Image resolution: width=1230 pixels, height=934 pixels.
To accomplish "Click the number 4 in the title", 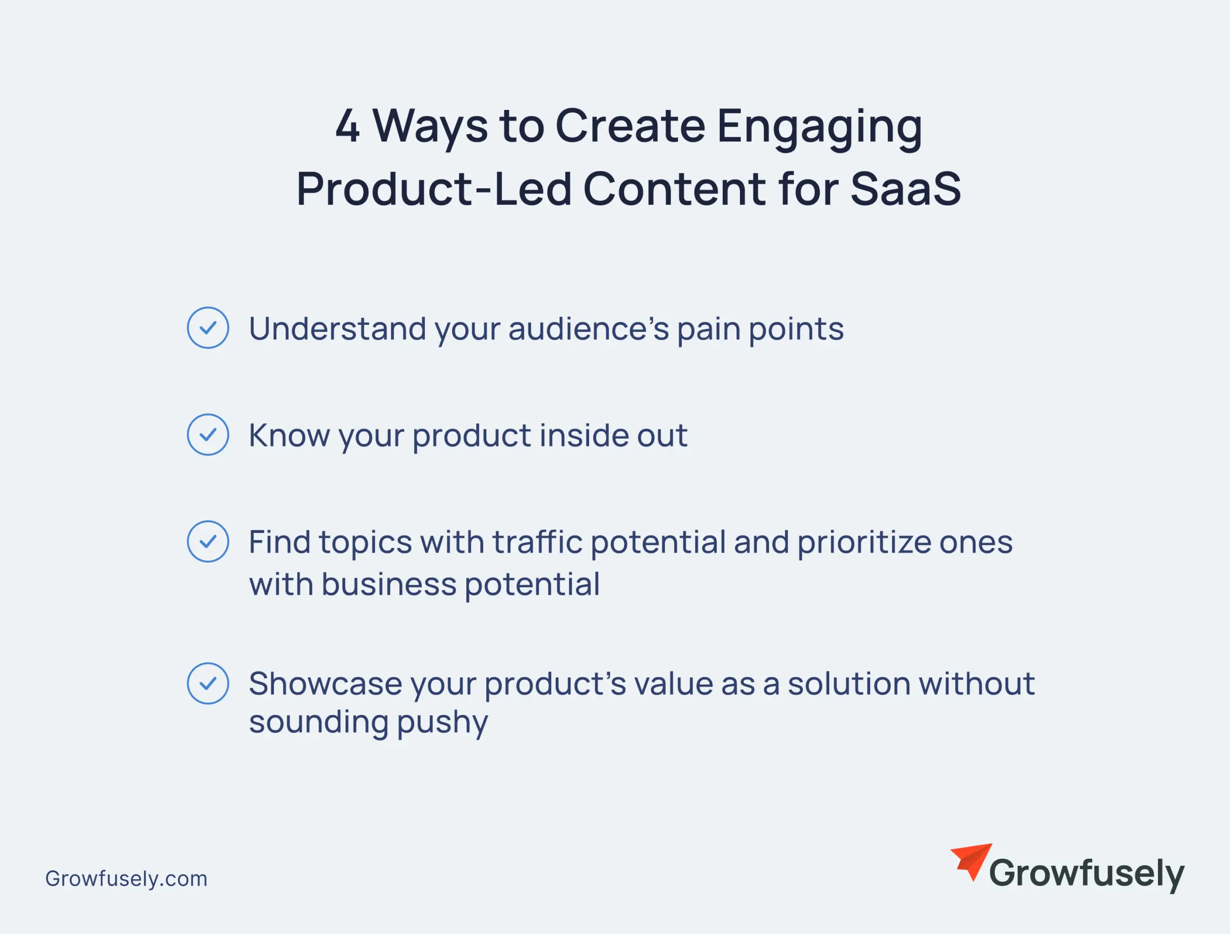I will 347,126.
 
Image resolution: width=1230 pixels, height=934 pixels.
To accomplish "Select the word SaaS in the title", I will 905,189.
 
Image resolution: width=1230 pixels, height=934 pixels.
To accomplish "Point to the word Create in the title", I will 630,126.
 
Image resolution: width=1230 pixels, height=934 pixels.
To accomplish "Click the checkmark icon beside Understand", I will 208,328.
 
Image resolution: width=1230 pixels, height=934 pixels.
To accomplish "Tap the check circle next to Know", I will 208,435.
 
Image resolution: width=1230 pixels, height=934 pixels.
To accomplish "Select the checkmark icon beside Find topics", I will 208,541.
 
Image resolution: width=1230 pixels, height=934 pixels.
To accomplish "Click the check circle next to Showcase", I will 208,683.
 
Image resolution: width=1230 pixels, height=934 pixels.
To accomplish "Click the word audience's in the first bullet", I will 588,329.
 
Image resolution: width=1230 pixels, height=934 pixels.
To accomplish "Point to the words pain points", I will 760,330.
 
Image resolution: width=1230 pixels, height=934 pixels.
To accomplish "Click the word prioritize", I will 864,542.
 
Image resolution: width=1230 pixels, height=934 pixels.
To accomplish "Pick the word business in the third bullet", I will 389,584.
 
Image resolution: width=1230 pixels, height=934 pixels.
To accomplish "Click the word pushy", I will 442,723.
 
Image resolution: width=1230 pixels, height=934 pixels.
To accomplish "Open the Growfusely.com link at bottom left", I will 126,878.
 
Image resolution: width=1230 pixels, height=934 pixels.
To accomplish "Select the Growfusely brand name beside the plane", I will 1086,874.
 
